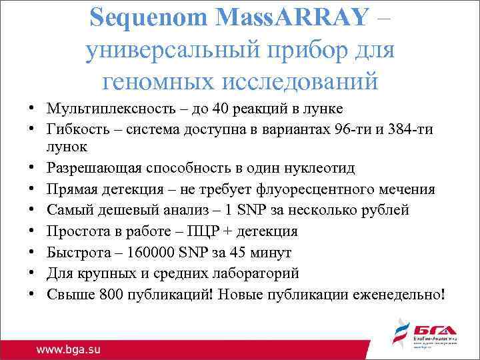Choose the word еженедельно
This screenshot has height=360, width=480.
[x=396, y=293]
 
